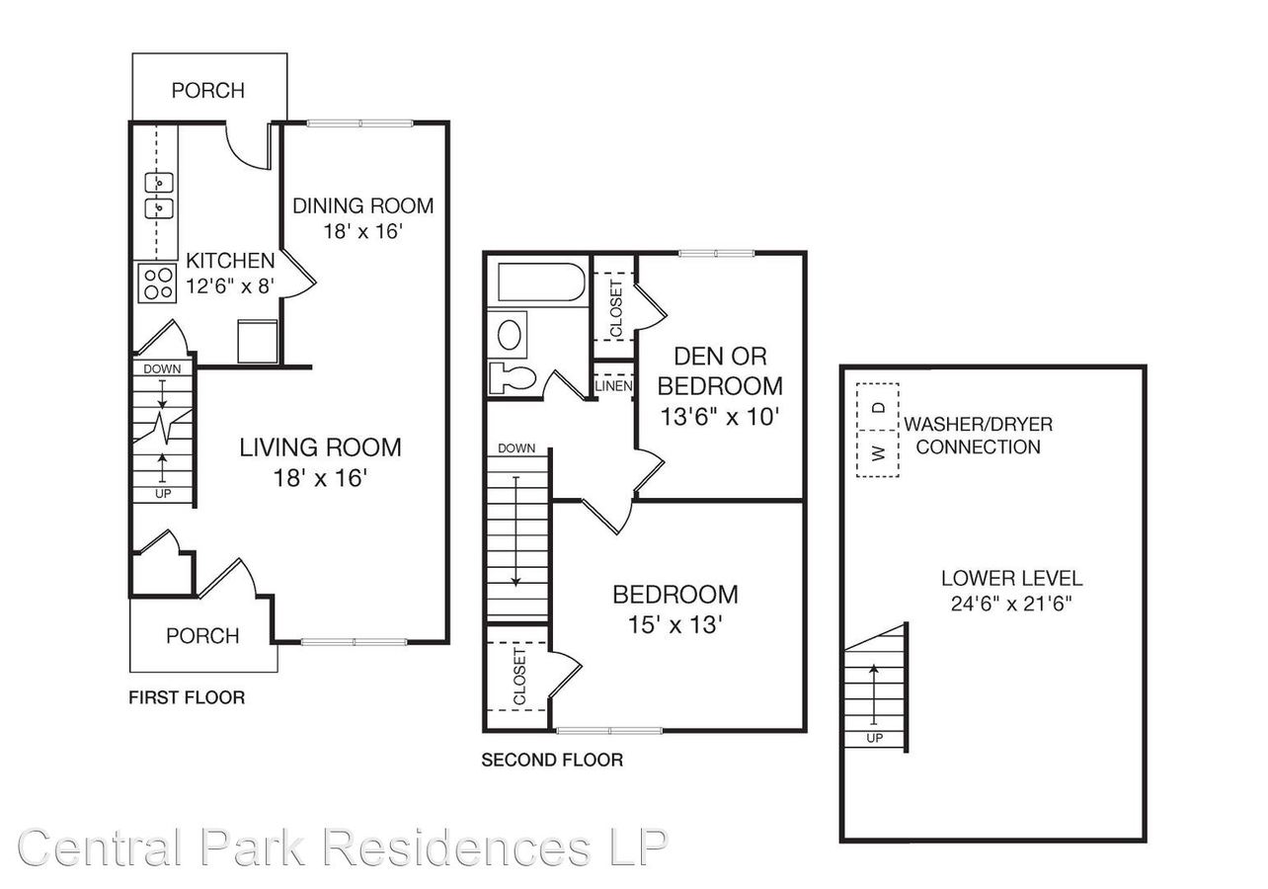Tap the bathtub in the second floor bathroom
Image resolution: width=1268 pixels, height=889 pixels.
pos(541,282)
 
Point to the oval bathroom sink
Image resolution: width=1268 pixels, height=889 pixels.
pos(510,335)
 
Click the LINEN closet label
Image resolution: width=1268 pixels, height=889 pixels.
pos(613,386)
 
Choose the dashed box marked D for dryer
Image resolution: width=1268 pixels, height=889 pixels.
pos(877,407)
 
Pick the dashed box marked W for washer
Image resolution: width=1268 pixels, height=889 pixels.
pos(877,453)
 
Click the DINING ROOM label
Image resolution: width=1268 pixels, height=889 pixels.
pos(362,205)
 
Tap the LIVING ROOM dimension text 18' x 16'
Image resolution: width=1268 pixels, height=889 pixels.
pos(321,478)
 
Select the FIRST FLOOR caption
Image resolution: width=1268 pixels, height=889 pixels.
pos(187,697)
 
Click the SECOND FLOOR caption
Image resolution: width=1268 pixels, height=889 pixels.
pos(552,760)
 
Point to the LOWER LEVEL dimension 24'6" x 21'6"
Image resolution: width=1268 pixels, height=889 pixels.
pos(1011,604)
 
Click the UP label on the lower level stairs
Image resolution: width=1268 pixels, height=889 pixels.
pos(875,738)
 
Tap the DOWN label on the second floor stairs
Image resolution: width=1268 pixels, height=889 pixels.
pos(516,448)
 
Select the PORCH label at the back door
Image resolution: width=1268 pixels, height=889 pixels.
pos(207,91)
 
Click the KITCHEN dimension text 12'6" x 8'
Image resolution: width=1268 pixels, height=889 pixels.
pos(230,285)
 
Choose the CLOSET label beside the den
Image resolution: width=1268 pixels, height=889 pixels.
pos(616,308)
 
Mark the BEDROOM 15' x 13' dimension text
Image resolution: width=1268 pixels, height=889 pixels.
pos(674,625)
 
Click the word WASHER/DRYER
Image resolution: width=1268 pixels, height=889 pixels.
pos(979,424)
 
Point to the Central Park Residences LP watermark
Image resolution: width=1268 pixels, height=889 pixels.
pos(343,849)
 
